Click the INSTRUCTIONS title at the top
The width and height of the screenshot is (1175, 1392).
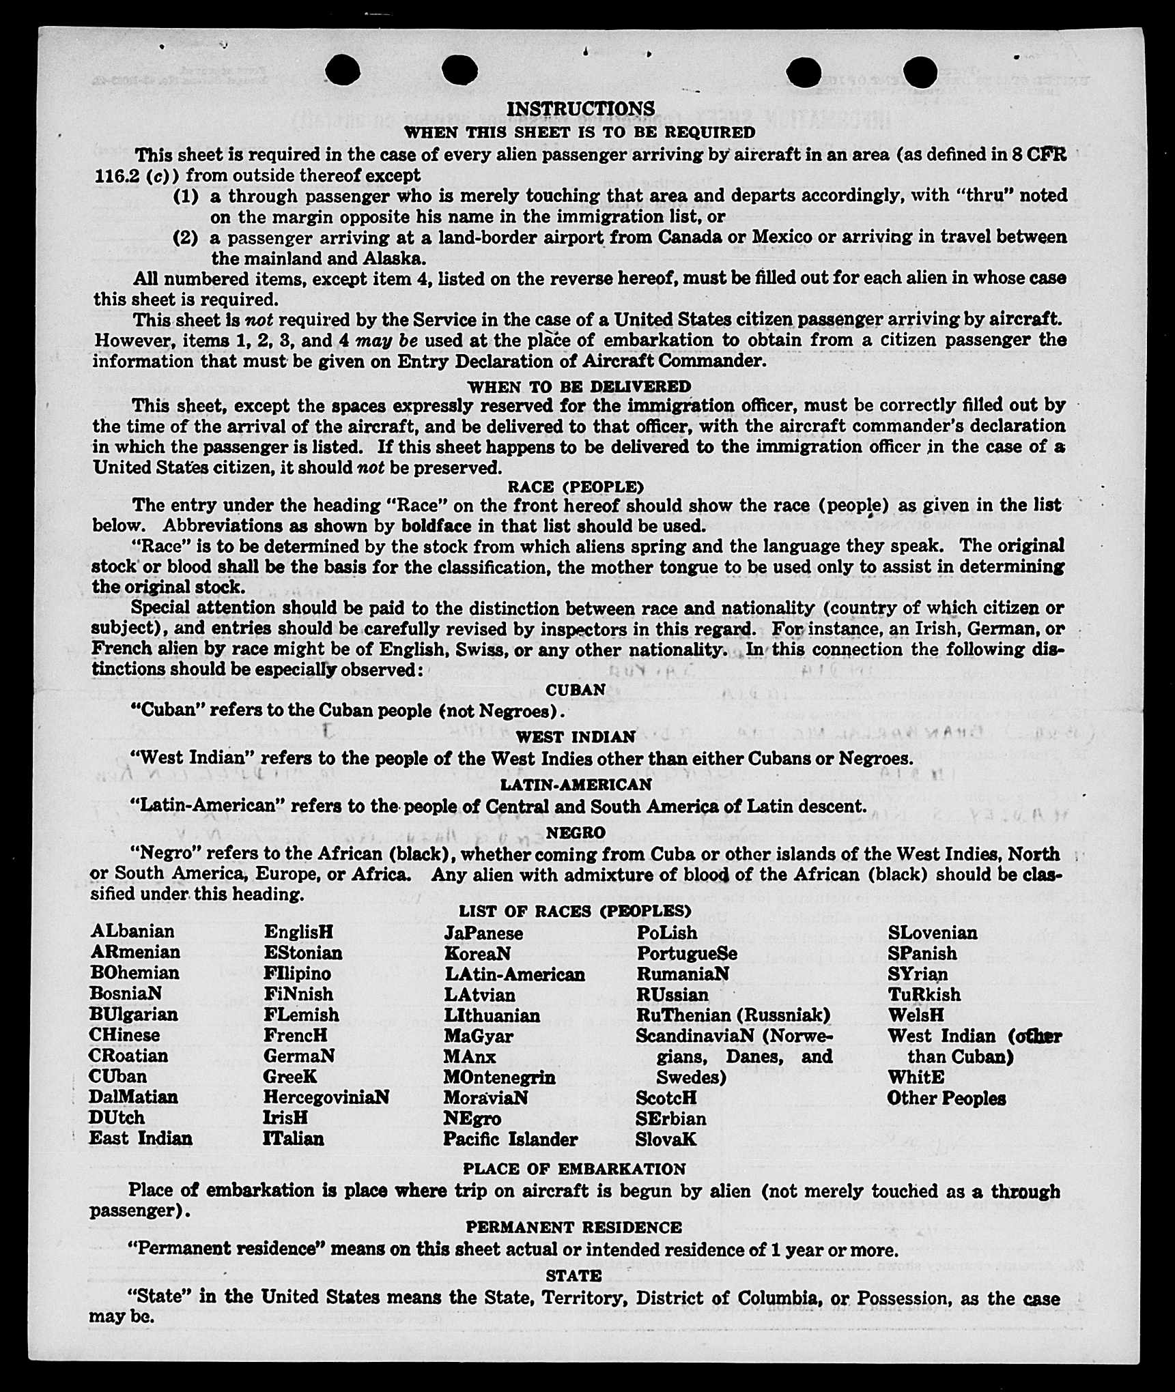pos(580,108)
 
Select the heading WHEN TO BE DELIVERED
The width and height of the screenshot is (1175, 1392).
pos(579,386)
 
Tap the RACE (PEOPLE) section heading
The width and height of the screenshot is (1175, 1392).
pos(575,487)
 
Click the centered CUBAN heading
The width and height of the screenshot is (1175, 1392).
pos(576,690)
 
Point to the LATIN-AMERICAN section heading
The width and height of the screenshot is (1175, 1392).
pos(576,785)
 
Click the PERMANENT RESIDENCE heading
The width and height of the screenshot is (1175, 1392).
pos(574,1228)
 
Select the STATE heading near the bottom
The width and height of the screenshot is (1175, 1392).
pos(574,1275)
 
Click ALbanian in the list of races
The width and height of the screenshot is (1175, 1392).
pos(132,931)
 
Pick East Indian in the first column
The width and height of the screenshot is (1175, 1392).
pos(141,1138)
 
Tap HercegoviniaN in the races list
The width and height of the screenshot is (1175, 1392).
pos(326,1097)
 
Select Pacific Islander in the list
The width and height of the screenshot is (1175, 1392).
pos(510,1139)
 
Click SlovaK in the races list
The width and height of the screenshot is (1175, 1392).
pos(666,1139)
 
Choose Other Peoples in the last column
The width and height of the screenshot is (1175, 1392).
pos(946,1098)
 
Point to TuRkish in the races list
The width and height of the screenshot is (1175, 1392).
pos(924,994)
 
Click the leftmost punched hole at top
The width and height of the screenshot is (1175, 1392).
pos(343,69)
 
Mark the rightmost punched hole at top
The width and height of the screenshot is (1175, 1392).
pos(920,71)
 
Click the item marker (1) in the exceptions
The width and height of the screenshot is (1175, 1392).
pos(186,197)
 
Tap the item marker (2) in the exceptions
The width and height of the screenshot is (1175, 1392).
pos(186,238)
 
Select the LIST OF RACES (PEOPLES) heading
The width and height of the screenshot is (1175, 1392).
pos(575,911)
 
